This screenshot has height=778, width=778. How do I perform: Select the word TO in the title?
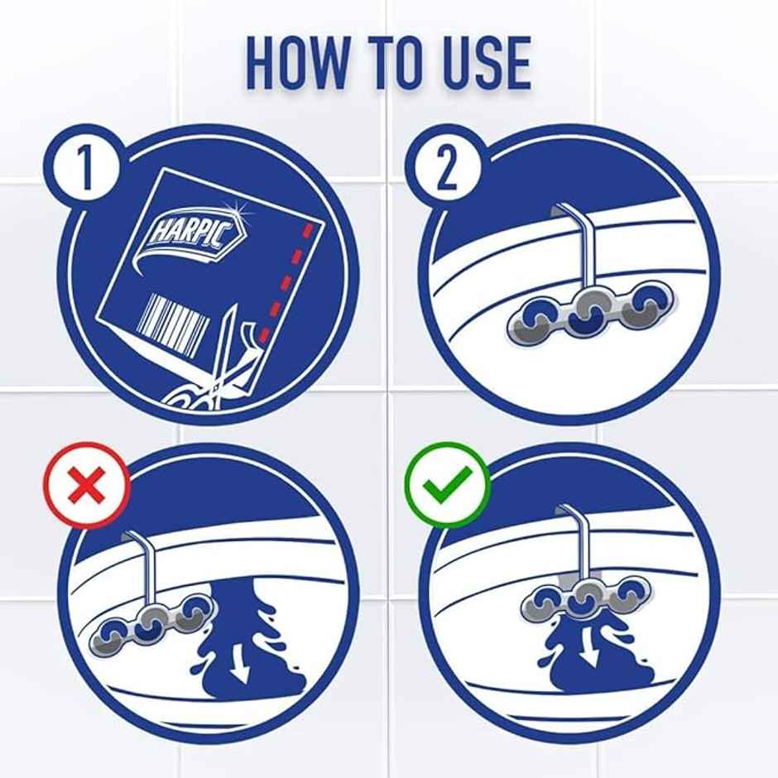(396, 63)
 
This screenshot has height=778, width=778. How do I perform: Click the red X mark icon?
(87, 485)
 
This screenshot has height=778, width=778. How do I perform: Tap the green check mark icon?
(448, 485)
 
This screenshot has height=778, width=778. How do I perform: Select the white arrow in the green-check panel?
(588, 645)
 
